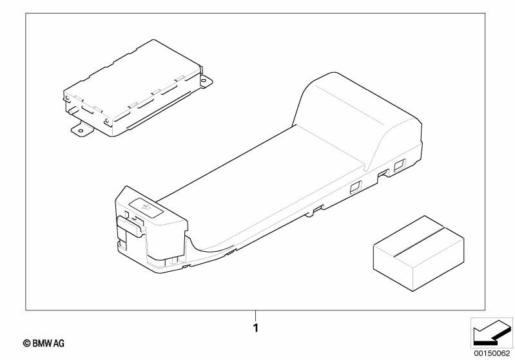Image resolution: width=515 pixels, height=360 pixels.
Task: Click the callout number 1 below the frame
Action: (x=256, y=328)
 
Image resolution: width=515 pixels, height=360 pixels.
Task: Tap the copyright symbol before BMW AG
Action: (x=26, y=343)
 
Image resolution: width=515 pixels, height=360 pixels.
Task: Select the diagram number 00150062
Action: (x=492, y=354)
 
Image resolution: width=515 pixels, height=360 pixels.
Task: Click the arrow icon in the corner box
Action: (x=492, y=332)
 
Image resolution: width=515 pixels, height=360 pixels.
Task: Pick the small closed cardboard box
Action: (x=418, y=253)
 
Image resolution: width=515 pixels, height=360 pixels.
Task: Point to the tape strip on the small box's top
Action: (x=419, y=242)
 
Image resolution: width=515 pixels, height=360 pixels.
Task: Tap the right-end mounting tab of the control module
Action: (x=206, y=81)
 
